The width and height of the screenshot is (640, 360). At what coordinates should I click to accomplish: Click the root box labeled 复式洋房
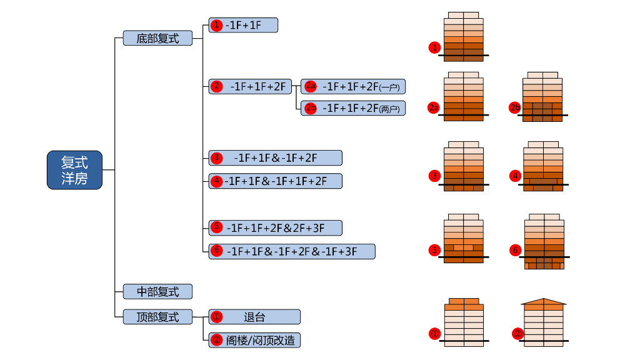(74, 169)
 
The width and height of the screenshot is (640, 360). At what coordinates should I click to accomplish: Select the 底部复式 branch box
(157, 38)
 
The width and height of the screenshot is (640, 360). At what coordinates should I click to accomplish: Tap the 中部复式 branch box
(157, 291)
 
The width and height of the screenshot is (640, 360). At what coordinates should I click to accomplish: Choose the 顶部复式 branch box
(157, 317)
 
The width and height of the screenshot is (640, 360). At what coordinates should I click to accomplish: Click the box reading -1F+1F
(243, 25)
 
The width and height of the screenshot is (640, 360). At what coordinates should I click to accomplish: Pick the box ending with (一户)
(353, 86)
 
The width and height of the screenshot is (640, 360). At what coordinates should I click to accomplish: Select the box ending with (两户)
(353, 108)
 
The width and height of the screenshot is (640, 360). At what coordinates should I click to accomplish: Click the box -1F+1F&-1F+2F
(276, 157)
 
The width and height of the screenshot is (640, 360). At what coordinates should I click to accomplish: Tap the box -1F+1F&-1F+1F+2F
(276, 181)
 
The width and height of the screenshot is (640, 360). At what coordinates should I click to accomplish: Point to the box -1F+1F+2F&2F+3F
(276, 227)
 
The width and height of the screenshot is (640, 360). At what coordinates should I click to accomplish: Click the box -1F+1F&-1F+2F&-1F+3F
(292, 251)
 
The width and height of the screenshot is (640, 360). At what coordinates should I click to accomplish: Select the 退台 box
(254, 317)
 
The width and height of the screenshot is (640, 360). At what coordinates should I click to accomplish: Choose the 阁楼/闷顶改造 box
(254, 340)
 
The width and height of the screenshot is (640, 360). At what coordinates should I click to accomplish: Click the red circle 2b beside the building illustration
(515, 108)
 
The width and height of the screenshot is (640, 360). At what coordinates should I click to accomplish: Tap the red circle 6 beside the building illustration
(516, 251)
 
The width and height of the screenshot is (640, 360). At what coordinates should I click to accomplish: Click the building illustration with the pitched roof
(544, 322)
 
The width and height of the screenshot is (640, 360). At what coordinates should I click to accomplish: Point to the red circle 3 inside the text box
(216, 157)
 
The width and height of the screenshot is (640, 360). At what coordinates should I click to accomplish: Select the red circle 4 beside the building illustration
(516, 176)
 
